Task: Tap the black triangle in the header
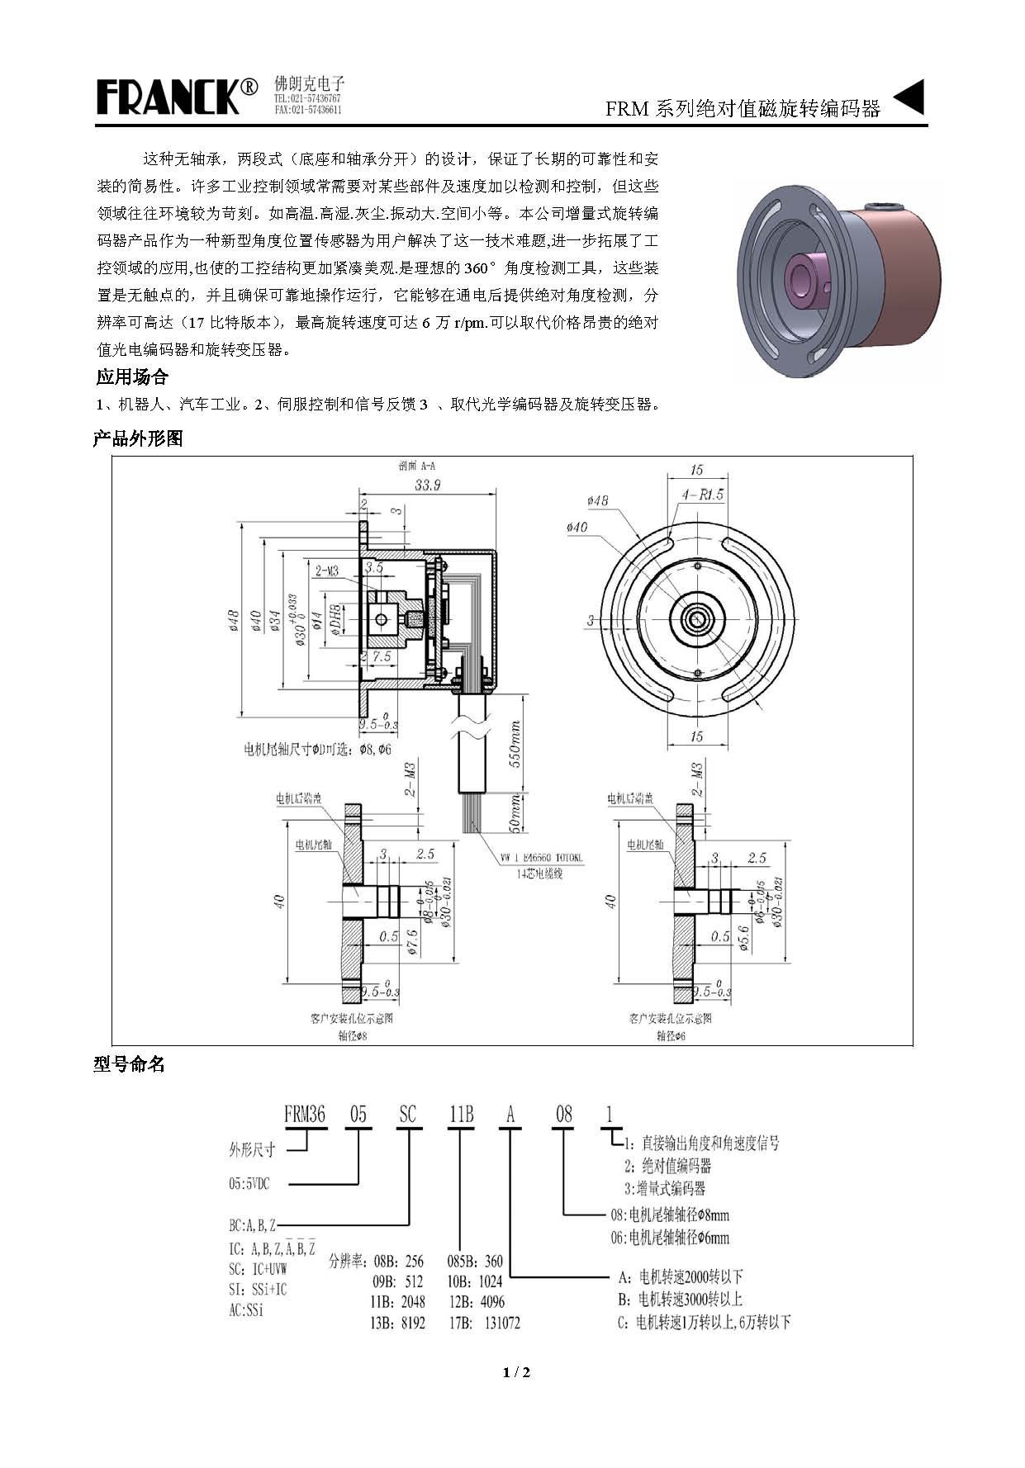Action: [x=909, y=97]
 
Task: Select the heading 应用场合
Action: [x=132, y=377]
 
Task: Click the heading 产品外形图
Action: [x=138, y=439]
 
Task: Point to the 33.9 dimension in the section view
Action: [x=428, y=485]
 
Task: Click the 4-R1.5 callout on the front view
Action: [x=703, y=495]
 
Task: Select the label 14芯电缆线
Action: [x=539, y=874]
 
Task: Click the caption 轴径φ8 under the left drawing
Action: [x=352, y=1035]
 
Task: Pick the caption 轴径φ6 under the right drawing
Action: [x=671, y=1035]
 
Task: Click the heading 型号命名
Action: [x=130, y=1065]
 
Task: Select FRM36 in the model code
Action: [x=305, y=1115]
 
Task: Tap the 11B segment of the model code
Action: [x=461, y=1115]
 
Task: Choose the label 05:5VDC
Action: [x=249, y=1184]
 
